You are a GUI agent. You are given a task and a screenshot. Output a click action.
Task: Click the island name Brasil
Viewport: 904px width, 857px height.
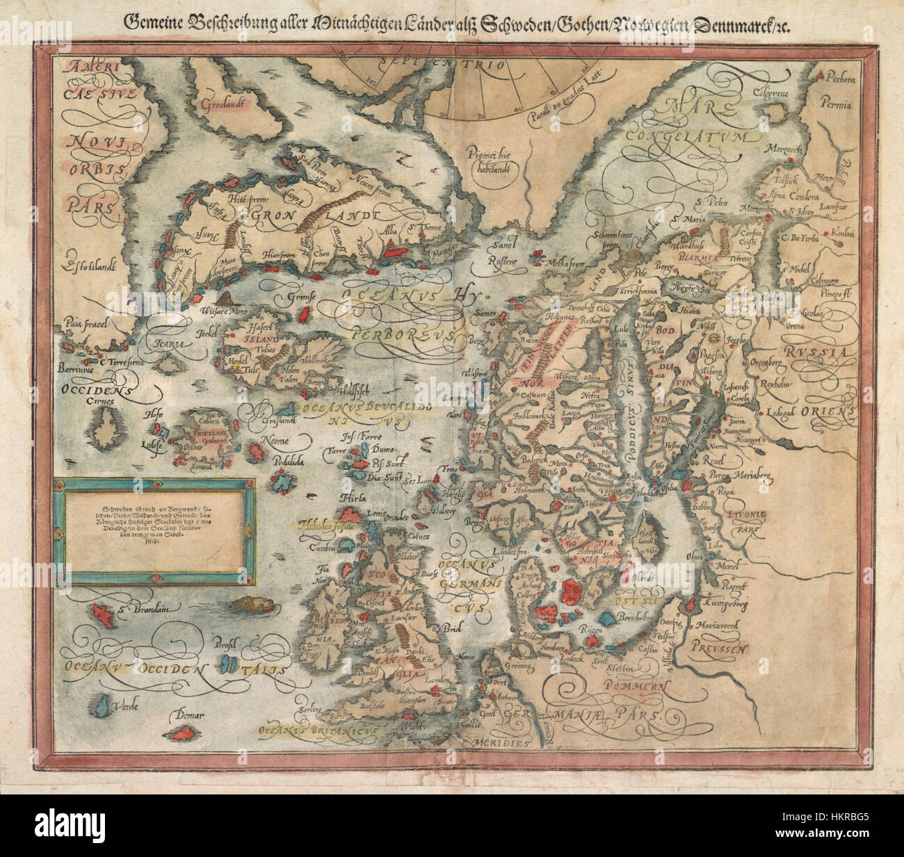(225, 641)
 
